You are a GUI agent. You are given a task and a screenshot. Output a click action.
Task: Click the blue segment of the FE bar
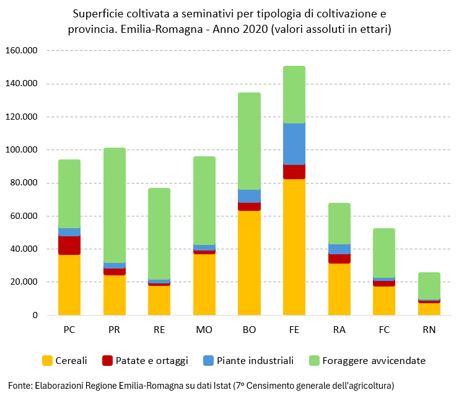pyautogui.click(x=294, y=144)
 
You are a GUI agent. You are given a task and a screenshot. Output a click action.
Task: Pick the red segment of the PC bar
pyautogui.click(x=69, y=245)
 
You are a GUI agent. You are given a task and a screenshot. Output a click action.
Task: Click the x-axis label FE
pyautogui.click(x=294, y=330)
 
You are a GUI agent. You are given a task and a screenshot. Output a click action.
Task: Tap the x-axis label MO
pyautogui.click(x=204, y=330)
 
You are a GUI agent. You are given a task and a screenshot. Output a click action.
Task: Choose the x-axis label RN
pyautogui.click(x=429, y=330)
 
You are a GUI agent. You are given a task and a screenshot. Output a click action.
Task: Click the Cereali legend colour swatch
pyautogui.click(x=47, y=360)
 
